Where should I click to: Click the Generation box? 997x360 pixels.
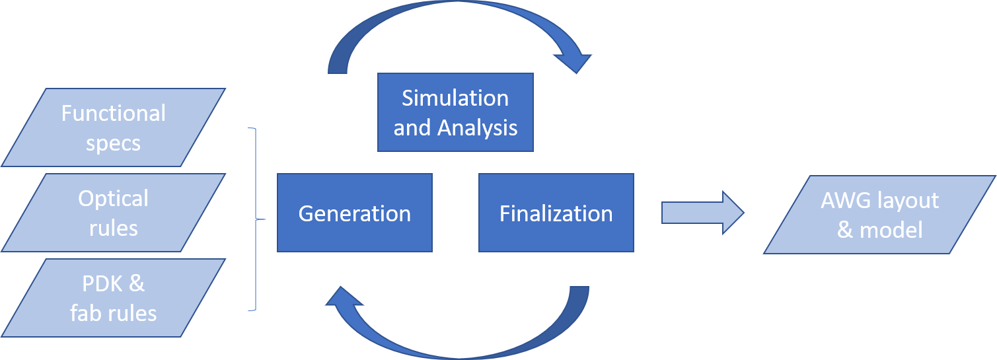355,213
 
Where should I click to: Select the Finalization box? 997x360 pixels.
556,213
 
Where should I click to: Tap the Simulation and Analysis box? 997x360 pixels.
455,112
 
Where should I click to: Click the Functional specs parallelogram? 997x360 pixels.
114,127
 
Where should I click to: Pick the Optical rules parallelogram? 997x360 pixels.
114,213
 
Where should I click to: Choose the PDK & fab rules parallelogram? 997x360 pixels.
114,298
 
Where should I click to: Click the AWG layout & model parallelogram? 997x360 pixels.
879,215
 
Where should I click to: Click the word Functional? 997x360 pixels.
114,113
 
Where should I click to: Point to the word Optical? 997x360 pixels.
114,198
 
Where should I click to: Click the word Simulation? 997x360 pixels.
455,98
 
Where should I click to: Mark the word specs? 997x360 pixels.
114,143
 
